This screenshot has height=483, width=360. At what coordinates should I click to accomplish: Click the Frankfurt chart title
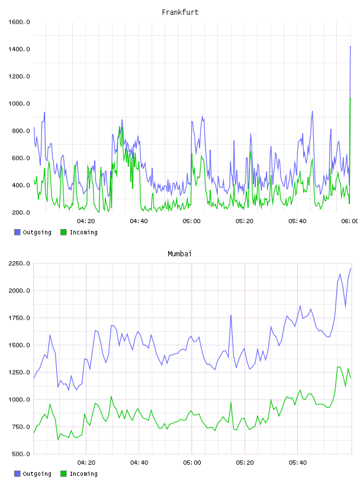click(x=180, y=12)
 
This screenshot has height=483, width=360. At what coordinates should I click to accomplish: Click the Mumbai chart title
click(x=179, y=253)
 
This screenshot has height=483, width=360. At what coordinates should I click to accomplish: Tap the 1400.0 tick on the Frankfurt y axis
click(x=19, y=49)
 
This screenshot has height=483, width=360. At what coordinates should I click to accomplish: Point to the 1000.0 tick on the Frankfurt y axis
click(x=19, y=104)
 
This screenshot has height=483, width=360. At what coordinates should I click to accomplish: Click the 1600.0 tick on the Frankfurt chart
click(x=19, y=22)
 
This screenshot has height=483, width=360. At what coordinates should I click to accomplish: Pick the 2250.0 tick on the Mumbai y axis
click(x=19, y=263)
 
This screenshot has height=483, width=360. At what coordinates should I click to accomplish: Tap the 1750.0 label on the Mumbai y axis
click(x=19, y=318)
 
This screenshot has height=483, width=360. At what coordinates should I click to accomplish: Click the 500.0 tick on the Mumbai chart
click(x=21, y=454)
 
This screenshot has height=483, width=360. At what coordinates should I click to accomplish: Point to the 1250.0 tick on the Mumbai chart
click(x=19, y=372)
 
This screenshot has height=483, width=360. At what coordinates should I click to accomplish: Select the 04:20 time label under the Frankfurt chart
click(x=86, y=221)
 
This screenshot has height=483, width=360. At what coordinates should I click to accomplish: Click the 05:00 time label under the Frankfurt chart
click(x=192, y=221)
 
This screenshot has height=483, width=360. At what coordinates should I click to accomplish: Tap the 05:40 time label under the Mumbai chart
click(x=298, y=463)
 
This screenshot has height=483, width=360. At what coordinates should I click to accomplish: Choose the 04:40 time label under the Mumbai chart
click(x=139, y=463)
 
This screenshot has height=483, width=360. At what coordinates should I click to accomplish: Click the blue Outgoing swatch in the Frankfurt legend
click(x=17, y=232)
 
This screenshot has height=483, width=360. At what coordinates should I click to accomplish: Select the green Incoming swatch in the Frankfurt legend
click(x=63, y=232)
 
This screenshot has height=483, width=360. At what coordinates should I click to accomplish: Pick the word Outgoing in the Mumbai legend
click(x=37, y=474)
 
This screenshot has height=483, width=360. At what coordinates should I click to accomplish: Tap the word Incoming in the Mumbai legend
click(x=83, y=474)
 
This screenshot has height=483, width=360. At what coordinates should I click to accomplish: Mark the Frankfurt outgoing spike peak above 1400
click(x=351, y=47)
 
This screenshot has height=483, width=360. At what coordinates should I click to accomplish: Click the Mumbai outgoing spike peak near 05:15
click(x=231, y=315)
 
